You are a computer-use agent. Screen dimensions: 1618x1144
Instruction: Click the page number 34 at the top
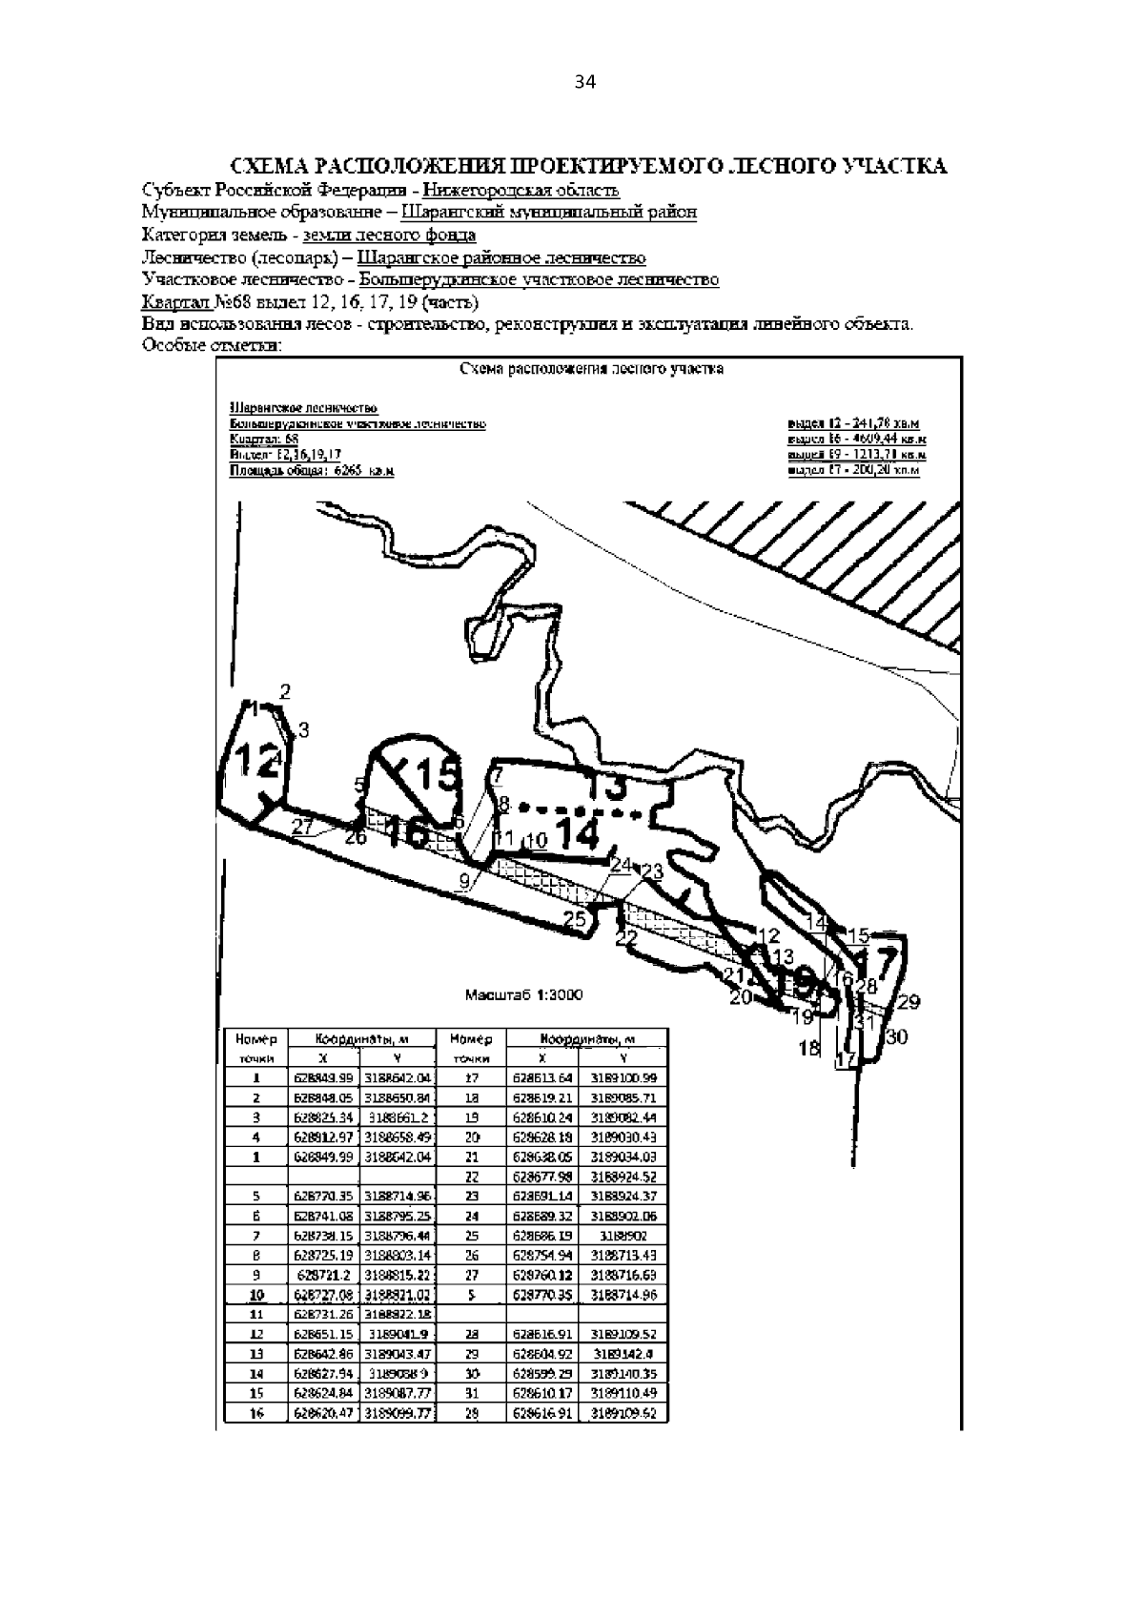pyautogui.click(x=584, y=83)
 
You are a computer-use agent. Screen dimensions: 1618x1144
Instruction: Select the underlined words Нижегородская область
pyautogui.click(x=521, y=190)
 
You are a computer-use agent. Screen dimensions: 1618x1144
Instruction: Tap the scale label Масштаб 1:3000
pyautogui.click(x=523, y=994)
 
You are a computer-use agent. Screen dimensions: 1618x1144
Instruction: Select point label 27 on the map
pyautogui.click(x=303, y=827)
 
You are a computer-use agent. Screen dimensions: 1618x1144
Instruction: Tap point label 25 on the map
pyautogui.click(x=575, y=919)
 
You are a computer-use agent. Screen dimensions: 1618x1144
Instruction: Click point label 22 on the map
pyautogui.click(x=625, y=938)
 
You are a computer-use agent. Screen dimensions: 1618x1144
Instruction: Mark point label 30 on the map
pyautogui.click(x=897, y=1037)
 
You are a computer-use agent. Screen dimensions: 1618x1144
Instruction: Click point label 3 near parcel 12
pyautogui.click(x=303, y=730)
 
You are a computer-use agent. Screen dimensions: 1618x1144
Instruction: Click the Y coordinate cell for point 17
pyautogui.click(x=623, y=1078)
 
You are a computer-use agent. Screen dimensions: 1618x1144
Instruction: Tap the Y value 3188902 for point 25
pyautogui.click(x=623, y=1236)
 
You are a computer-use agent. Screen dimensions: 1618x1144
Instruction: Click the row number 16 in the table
pyautogui.click(x=256, y=1414)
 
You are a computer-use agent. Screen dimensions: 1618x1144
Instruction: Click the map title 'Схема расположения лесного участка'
pyautogui.click(x=591, y=370)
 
